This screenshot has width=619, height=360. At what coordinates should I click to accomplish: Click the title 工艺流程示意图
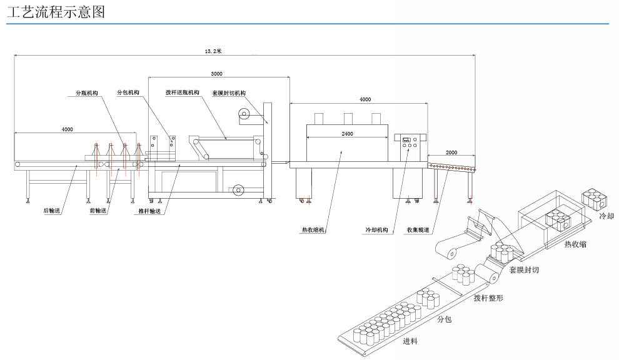[x=56, y=11]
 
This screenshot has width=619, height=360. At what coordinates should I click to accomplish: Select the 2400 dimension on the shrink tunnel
[x=347, y=134]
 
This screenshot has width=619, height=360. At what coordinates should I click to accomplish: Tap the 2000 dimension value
[x=451, y=152]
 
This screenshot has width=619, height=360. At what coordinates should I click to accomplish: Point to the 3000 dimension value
[x=216, y=74]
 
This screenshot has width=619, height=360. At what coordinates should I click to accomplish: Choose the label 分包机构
[x=128, y=93]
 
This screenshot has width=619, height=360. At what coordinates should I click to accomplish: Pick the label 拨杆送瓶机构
[x=182, y=93]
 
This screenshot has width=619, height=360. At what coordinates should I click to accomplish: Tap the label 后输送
[x=51, y=211]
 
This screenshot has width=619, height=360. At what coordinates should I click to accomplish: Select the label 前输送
[x=98, y=211]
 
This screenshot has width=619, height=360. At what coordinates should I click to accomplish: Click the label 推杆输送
[x=149, y=211]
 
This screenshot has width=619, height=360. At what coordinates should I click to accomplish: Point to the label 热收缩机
[x=314, y=230]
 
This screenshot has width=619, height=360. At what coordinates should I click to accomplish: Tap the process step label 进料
[x=410, y=341]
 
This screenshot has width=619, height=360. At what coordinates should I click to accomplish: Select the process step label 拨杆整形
[x=488, y=298]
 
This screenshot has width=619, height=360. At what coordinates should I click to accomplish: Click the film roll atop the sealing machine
[x=243, y=114]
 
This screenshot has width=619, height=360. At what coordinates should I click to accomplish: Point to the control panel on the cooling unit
[x=409, y=145]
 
